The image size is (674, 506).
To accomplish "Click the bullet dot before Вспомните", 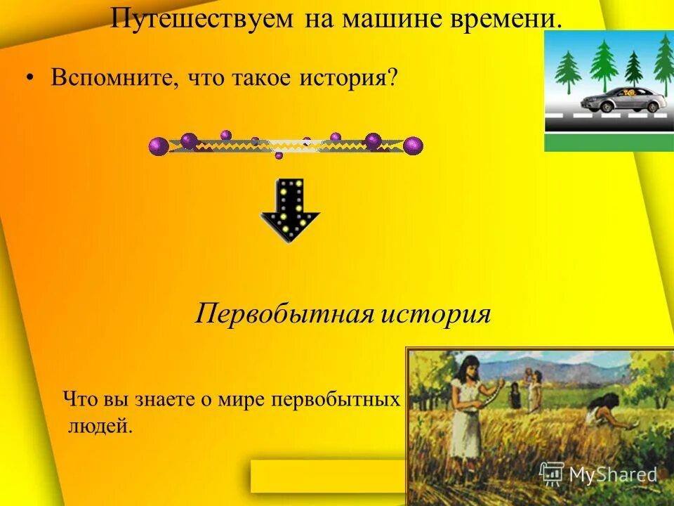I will (x=30, y=79).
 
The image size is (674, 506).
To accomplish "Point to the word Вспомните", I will (x=112, y=78).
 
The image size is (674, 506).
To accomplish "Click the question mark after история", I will (x=391, y=78).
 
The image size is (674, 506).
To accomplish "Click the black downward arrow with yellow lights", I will (x=290, y=210).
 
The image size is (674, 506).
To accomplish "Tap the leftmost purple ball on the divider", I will (x=159, y=146).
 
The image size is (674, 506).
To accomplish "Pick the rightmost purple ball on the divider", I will (x=414, y=145).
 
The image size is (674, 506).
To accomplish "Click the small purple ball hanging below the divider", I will (x=279, y=155).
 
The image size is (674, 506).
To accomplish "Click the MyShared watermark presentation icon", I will (x=552, y=474).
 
